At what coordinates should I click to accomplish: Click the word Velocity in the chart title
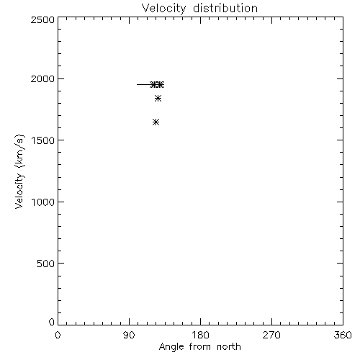164,9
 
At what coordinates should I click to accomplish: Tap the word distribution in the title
225,8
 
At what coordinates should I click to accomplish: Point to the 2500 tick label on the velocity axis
42,19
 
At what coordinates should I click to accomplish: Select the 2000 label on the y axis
42,78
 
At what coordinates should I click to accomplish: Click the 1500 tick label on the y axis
43,140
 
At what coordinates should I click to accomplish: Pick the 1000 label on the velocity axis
43,202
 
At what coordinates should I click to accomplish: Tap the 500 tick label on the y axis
45,264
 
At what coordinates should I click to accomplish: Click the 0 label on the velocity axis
52,322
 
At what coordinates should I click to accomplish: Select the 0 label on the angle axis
58,335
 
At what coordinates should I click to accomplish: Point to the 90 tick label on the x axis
129,335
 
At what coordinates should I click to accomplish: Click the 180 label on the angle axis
200,335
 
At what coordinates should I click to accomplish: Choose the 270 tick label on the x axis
271,335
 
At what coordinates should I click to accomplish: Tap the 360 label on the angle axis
343,335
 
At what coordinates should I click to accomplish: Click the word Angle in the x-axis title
171,347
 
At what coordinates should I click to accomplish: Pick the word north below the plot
229,347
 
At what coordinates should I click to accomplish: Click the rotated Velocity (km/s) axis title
19,171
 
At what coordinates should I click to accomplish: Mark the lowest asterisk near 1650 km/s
156,122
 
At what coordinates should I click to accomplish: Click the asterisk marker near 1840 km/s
158,98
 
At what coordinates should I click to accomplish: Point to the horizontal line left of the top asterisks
144,84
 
